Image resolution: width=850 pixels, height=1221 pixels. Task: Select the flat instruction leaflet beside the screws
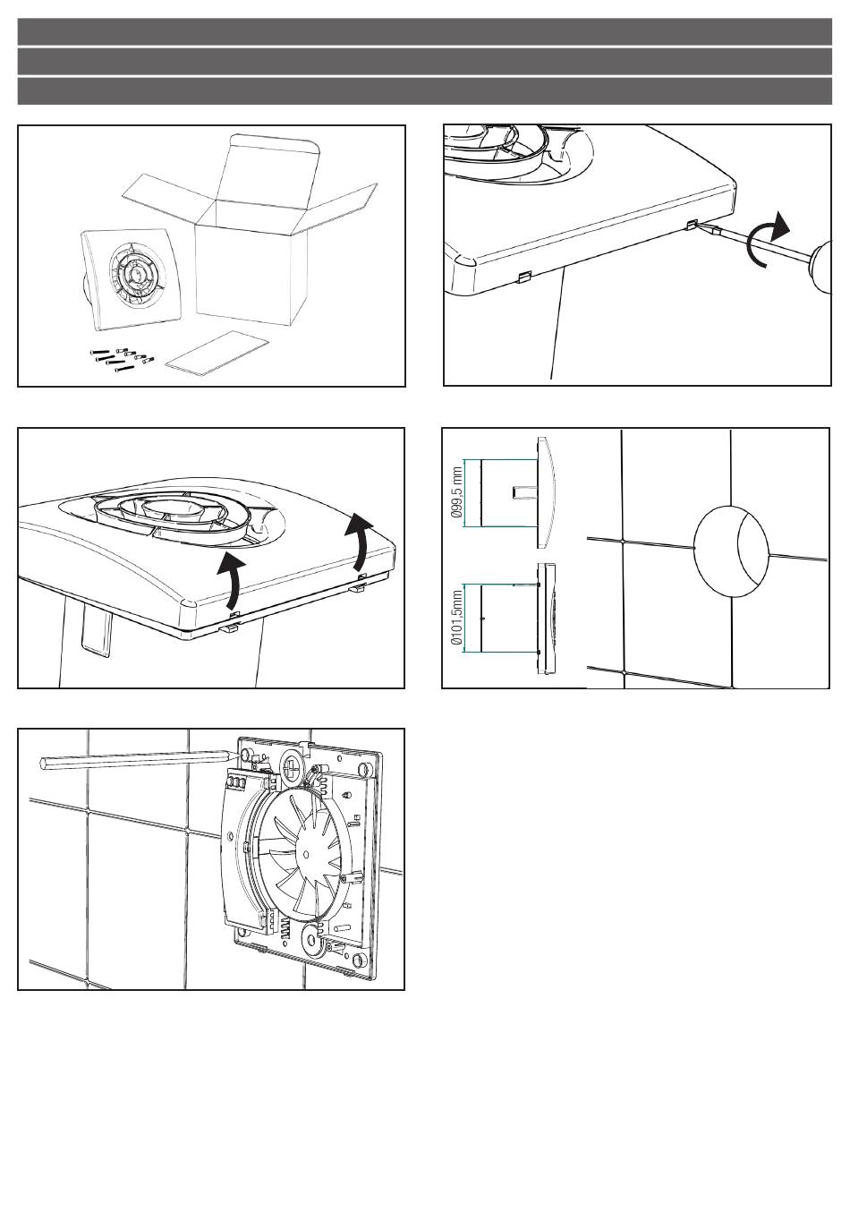[x=217, y=353]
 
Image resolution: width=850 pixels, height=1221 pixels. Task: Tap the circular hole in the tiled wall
[x=731, y=551]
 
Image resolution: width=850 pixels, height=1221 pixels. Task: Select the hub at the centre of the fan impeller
[x=304, y=853]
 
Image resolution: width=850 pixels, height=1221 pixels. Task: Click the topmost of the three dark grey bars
[x=424, y=31]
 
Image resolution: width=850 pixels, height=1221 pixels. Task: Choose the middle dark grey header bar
[x=424, y=62]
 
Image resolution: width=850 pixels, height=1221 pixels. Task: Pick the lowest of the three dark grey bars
[x=424, y=91]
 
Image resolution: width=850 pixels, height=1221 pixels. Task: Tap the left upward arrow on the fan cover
[x=231, y=581]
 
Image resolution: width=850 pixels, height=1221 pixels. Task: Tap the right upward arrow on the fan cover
[x=361, y=542]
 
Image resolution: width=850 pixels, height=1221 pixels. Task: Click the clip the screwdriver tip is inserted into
[x=693, y=225]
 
